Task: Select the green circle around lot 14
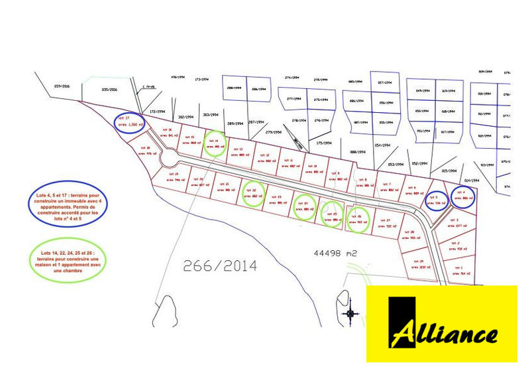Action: pos(215,144)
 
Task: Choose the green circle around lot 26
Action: pos(359,219)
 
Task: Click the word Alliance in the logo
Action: pos(450,334)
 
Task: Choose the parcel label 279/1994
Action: pos(274,132)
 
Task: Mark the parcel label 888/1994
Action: pos(357,153)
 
